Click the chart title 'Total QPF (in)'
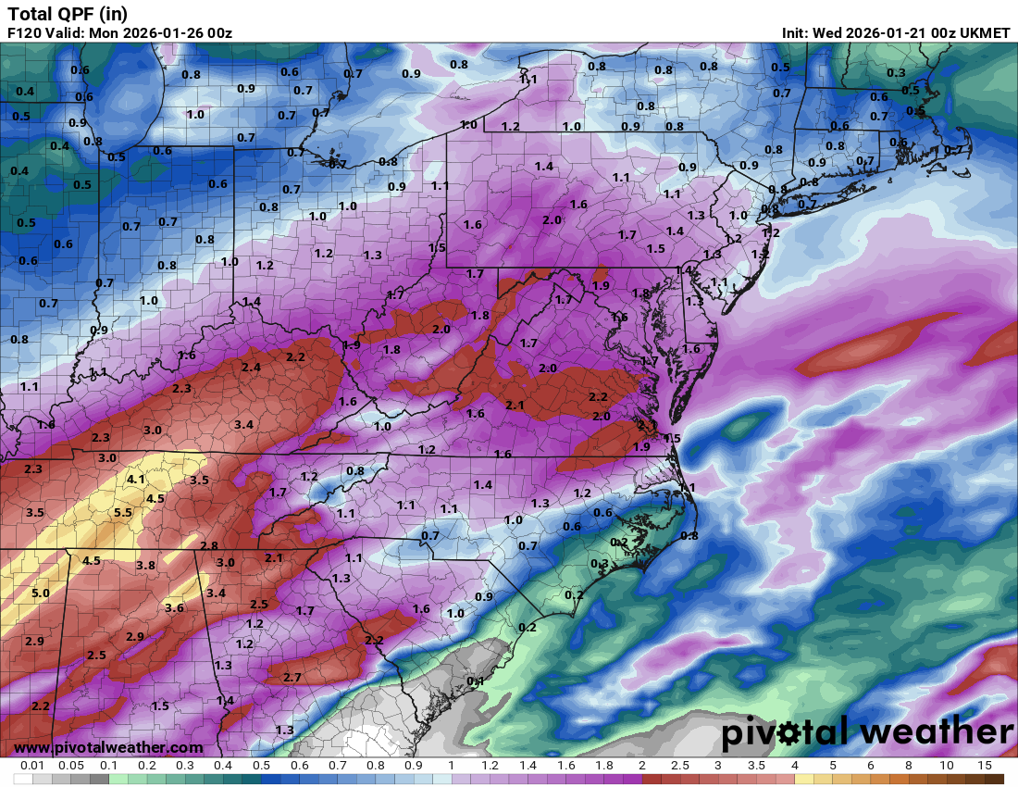click(x=68, y=13)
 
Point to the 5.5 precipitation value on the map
click(x=123, y=512)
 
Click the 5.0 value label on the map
click(x=41, y=593)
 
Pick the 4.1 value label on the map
click(x=136, y=479)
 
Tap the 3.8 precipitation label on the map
click(x=145, y=565)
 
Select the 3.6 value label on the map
click(x=174, y=607)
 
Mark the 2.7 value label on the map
click(x=292, y=678)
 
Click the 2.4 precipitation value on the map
click(x=251, y=367)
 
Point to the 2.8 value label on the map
click(x=209, y=546)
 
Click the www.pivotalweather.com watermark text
click(x=108, y=747)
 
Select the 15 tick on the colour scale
click(x=985, y=766)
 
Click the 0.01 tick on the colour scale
click(x=33, y=766)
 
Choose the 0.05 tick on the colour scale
click(x=71, y=766)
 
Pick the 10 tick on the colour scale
click(x=947, y=766)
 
